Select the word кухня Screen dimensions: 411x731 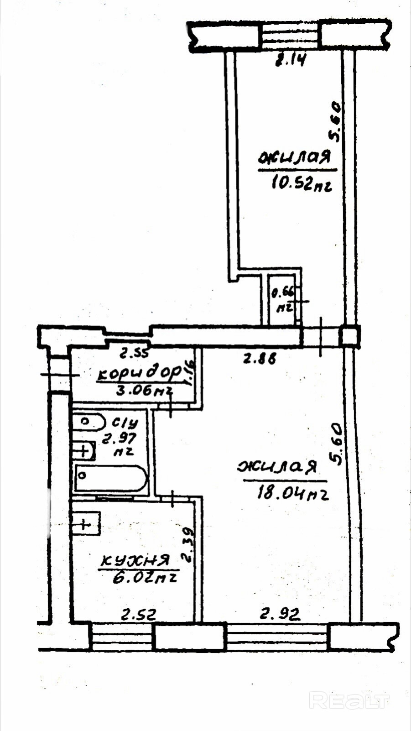click(135, 560)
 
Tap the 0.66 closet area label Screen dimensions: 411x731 click(284, 292)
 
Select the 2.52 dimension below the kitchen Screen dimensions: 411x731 click(138, 615)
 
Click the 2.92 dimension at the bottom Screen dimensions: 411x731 click(280, 614)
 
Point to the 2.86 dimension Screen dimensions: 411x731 click(259, 359)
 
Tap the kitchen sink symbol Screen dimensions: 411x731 click(86, 523)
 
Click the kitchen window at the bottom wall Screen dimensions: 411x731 click(121, 637)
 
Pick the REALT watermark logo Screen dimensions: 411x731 click(349, 700)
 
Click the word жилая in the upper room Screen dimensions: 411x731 click(295, 158)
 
